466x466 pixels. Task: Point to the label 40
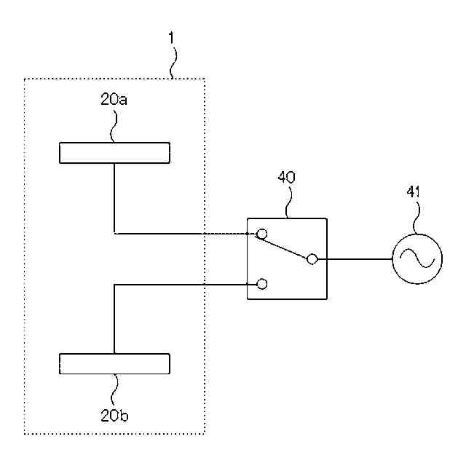pyautogui.click(x=288, y=177)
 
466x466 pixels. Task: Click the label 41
pyautogui.click(x=413, y=192)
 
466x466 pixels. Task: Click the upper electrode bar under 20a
pyautogui.click(x=114, y=153)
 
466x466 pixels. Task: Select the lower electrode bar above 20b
pyautogui.click(x=114, y=363)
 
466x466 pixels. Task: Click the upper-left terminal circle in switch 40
pyautogui.click(x=262, y=234)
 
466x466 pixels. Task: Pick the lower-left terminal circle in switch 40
pyautogui.click(x=262, y=284)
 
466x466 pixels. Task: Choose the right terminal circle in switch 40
pyautogui.click(x=312, y=258)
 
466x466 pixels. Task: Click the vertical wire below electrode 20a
pyautogui.click(x=114, y=197)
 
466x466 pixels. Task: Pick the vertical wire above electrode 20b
pyautogui.click(x=114, y=320)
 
